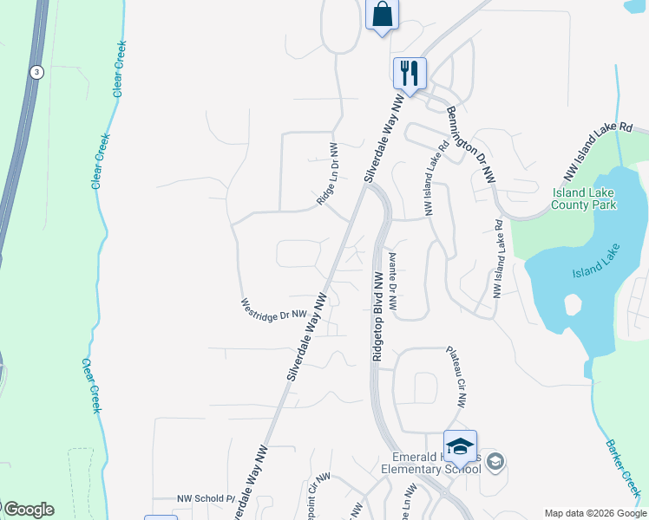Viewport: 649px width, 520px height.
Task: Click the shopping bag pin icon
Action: pyautogui.click(x=381, y=15)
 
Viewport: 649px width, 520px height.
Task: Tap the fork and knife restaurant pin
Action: pyautogui.click(x=409, y=72)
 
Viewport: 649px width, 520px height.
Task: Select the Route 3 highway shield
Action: pyautogui.click(x=36, y=72)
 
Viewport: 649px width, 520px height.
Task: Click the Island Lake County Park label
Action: pyautogui.click(x=584, y=198)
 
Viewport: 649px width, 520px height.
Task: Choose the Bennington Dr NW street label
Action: pyautogui.click(x=471, y=143)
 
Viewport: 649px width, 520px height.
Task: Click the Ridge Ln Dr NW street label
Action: pyautogui.click(x=326, y=173)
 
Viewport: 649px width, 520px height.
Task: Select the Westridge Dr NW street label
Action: pyautogui.click(x=274, y=310)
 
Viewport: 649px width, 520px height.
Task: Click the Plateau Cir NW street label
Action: pyautogui.click(x=456, y=377)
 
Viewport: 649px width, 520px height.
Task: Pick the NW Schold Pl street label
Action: pyautogui.click(x=206, y=498)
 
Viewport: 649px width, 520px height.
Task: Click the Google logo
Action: pyautogui.click(x=28, y=510)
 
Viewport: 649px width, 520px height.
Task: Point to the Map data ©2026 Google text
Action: pyautogui.click(x=595, y=513)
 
